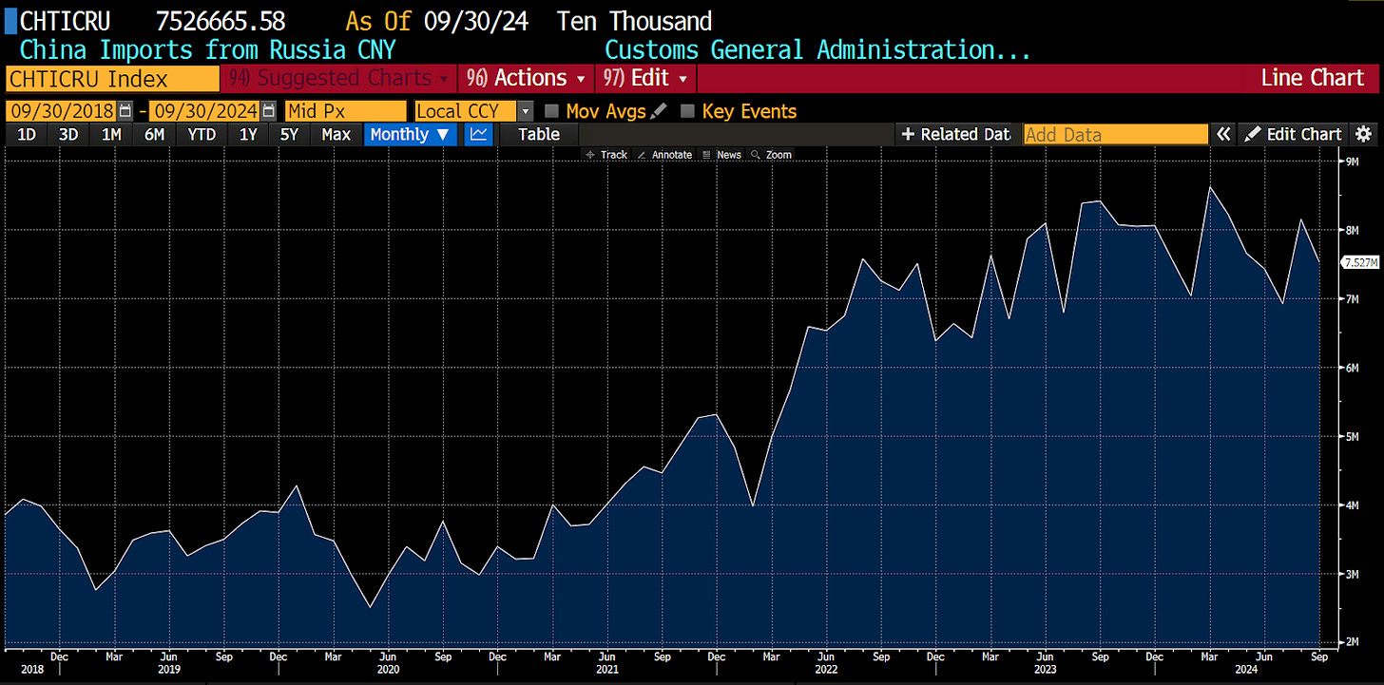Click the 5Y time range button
click(290, 134)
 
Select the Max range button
click(336, 134)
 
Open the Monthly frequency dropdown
click(410, 134)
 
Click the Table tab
click(538, 134)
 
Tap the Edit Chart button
click(1295, 134)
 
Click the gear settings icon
click(1364, 134)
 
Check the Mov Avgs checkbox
click(551, 111)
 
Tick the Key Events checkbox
click(687, 111)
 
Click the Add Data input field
click(1115, 134)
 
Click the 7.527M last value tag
click(1358, 262)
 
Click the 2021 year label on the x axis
click(606, 669)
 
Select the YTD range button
click(202, 134)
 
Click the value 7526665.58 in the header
click(220, 20)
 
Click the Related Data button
click(956, 134)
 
